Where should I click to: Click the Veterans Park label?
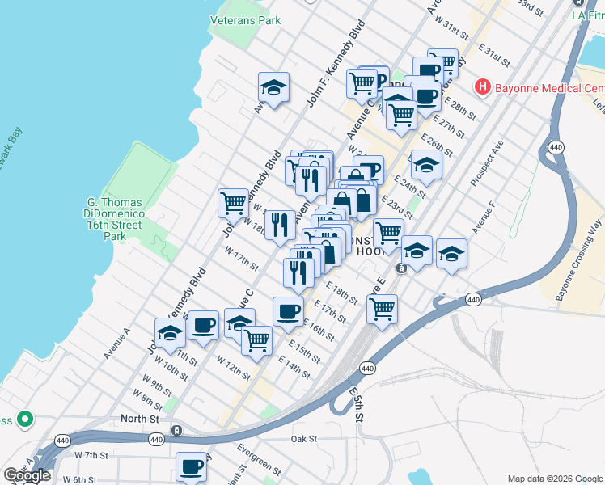[x=244, y=19]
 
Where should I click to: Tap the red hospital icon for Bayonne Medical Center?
[x=483, y=86]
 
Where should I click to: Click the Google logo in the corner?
[x=27, y=475]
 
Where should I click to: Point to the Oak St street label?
[x=307, y=439]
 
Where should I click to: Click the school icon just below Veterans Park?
[x=274, y=88]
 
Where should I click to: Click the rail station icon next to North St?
[x=176, y=431]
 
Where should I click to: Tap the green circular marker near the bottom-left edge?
[x=25, y=420]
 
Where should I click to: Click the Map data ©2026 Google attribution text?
[x=554, y=478]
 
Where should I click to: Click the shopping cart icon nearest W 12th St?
[x=256, y=340]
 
